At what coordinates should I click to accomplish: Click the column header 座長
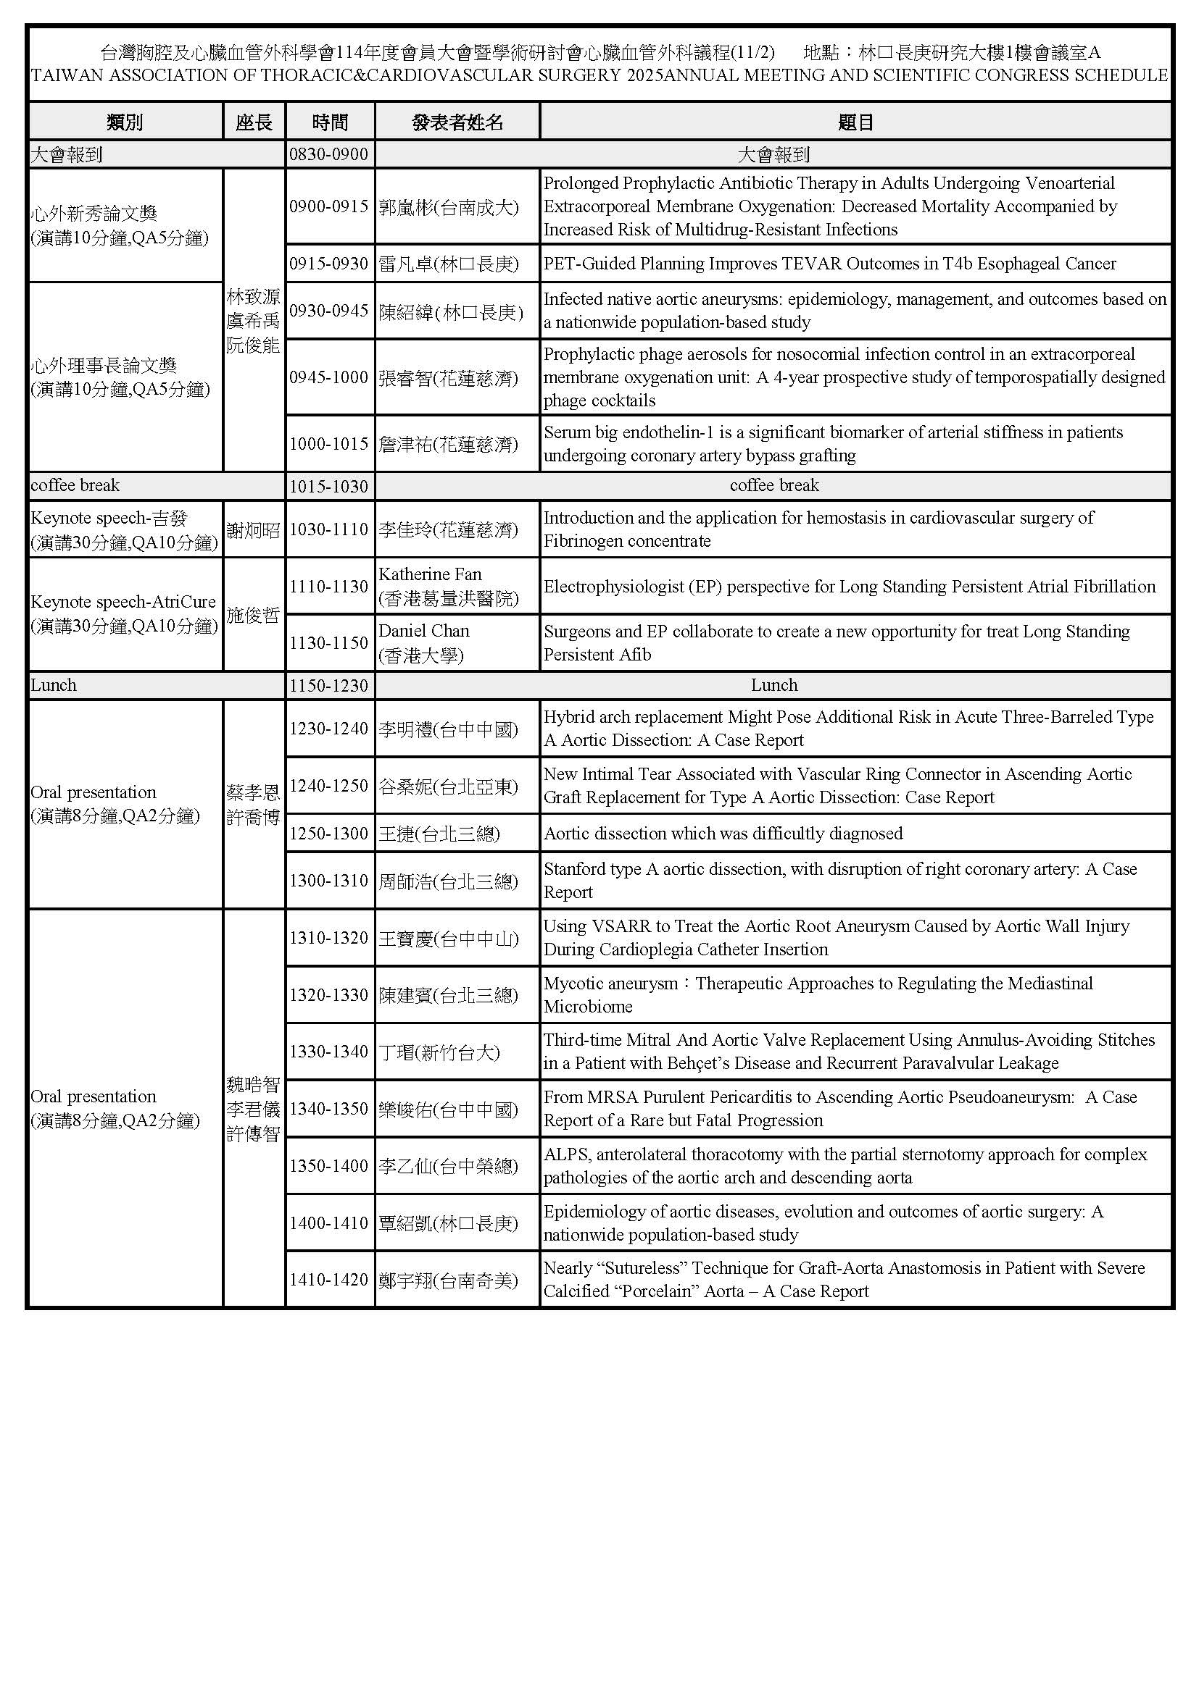point(254,122)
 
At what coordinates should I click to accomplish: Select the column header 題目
point(855,122)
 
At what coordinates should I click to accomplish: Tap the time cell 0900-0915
point(328,206)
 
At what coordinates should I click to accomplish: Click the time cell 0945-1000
point(328,377)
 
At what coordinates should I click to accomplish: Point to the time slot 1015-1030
point(328,486)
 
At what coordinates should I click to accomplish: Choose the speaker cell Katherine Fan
point(430,574)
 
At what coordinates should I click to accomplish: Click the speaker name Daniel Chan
point(424,631)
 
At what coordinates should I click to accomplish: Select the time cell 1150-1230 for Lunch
point(328,685)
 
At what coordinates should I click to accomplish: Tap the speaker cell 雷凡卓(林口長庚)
point(448,264)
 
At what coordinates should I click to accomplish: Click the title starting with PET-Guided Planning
point(829,264)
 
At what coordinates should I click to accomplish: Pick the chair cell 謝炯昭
point(253,529)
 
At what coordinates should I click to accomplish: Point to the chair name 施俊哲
point(253,615)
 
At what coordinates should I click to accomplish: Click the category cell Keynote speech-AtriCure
point(123,602)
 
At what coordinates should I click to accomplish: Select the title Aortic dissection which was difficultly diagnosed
point(723,833)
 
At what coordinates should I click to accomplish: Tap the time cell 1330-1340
point(328,1052)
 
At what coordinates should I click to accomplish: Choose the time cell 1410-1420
point(328,1279)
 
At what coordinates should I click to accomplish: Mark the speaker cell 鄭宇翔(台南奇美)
point(448,1280)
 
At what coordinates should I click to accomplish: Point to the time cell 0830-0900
point(328,154)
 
